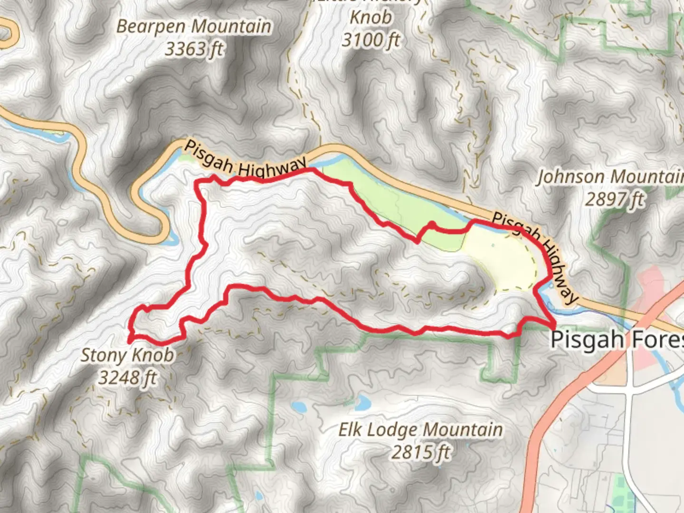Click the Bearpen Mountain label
pyautogui.click(x=194, y=27)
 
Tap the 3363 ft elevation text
pyautogui.click(x=194, y=49)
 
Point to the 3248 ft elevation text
pyautogui.click(x=127, y=378)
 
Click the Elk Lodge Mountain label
pyautogui.click(x=420, y=430)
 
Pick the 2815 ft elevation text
pyautogui.click(x=420, y=452)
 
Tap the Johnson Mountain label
pyautogui.click(x=610, y=177)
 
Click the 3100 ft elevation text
pyautogui.click(x=371, y=40)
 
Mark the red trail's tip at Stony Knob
pyautogui.click(x=130, y=340)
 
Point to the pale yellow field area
pyautogui.click(x=499, y=261)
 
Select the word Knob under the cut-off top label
pyautogui.click(x=371, y=18)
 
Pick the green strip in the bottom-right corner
pyautogui.click(x=620, y=489)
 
